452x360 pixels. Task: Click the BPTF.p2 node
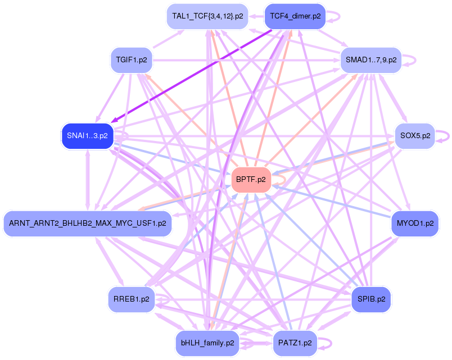(x=251, y=180)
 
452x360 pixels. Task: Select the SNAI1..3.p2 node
(x=87, y=136)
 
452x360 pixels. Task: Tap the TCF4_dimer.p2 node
(x=295, y=16)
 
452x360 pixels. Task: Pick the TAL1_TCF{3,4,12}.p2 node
(x=207, y=16)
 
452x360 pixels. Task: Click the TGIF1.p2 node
(x=132, y=60)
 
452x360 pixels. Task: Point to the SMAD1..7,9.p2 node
(x=371, y=60)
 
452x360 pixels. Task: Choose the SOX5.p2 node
(x=415, y=136)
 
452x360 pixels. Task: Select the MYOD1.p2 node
(x=415, y=224)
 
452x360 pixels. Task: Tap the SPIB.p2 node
(x=371, y=299)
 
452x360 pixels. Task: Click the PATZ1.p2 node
(x=295, y=343)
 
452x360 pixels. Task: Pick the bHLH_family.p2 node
(x=207, y=343)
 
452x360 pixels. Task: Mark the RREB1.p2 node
(x=132, y=299)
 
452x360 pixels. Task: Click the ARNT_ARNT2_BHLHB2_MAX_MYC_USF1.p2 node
(x=88, y=224)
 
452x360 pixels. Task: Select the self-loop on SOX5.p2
(x=442, y=136)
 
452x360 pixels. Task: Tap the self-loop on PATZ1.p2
(x=325, y=343)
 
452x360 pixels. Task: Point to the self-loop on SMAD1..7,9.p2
(x=409, y=60)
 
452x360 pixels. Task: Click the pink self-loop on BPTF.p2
(x=279, y=180)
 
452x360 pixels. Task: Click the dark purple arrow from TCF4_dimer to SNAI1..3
(x=192, y=75)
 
